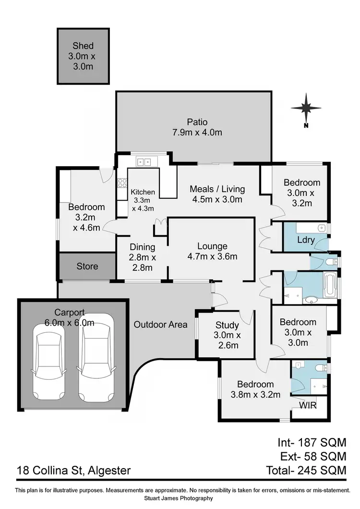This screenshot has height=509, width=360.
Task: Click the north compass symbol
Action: click(306, 110)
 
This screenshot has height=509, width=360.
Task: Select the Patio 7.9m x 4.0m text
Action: click(197, 127)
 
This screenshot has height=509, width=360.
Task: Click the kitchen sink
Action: click(143, 162)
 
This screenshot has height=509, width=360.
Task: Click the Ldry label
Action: click(305, 239)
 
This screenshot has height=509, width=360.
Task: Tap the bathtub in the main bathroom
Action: click(330, 286)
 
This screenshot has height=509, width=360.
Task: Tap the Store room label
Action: click(87, 266)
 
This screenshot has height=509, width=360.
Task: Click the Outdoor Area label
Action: click(160, 325)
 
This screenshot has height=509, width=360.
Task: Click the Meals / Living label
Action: click(217, 194)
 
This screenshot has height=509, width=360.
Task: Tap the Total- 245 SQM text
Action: click(305, 471)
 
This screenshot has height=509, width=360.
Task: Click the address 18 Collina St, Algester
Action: click(74, 471)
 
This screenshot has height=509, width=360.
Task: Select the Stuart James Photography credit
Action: click(180, 498)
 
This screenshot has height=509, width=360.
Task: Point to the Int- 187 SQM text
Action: click(312, 442)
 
